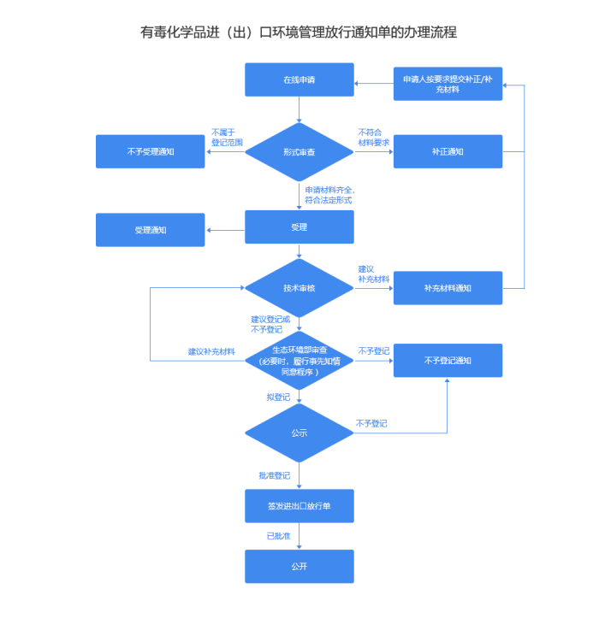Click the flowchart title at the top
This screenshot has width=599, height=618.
click(x=299, y=32)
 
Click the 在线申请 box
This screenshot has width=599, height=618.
click(x=299, y=79)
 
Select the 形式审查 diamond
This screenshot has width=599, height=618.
click(x=299, y=151)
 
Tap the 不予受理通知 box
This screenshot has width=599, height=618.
click(x=150, y=151)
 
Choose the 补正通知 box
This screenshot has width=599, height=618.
click(x=448, y=151)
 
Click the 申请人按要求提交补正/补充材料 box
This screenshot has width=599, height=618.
click(x=448, y=84)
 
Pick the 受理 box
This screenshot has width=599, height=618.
click(x=299, y=227)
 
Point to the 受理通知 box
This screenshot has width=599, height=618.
click(x=150, y=230)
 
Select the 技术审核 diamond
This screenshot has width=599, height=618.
click(x=299, y=288)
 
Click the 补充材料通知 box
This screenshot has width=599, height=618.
click(x=448, y=288)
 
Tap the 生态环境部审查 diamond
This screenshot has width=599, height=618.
click(x=299, y=361)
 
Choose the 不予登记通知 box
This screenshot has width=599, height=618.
click(x=448, y=361)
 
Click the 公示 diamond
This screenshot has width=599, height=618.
click(x=299, y=433)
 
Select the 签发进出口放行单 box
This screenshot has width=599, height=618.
click(x=299, y=506)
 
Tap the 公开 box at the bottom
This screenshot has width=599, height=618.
click(x=299, y=566)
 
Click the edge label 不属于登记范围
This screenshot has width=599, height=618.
click(x=227, y=137)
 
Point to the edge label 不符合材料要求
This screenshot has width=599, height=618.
click(x=373, y=137)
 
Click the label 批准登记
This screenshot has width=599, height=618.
click(x=274, y=475)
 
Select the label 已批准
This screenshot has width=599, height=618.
click(x=278, y=536)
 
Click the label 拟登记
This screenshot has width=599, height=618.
click(x=278, y=397)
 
